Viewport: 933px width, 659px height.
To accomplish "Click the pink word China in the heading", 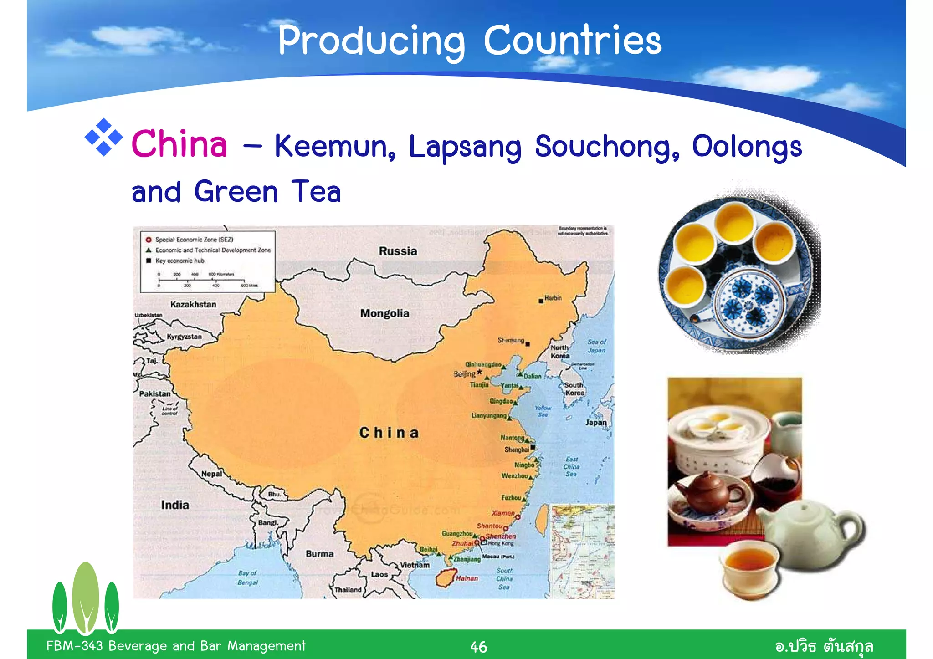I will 179,144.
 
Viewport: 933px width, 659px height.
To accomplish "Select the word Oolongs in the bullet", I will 747,147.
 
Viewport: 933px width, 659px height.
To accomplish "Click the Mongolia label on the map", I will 384,313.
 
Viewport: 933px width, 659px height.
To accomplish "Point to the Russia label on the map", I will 398,251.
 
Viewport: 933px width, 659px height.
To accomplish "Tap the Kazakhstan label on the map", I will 193,304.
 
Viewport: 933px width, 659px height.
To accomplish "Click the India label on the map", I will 175,505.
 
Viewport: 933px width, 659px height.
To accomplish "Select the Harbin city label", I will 553,298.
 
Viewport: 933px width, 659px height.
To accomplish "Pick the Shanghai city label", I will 516,450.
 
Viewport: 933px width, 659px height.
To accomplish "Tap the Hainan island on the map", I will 446,577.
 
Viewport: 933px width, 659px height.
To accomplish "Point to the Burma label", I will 319,554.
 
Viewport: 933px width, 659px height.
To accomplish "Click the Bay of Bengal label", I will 247,577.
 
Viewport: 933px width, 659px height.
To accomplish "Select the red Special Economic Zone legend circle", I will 149,240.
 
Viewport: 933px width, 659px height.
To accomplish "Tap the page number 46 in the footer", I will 478,647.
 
